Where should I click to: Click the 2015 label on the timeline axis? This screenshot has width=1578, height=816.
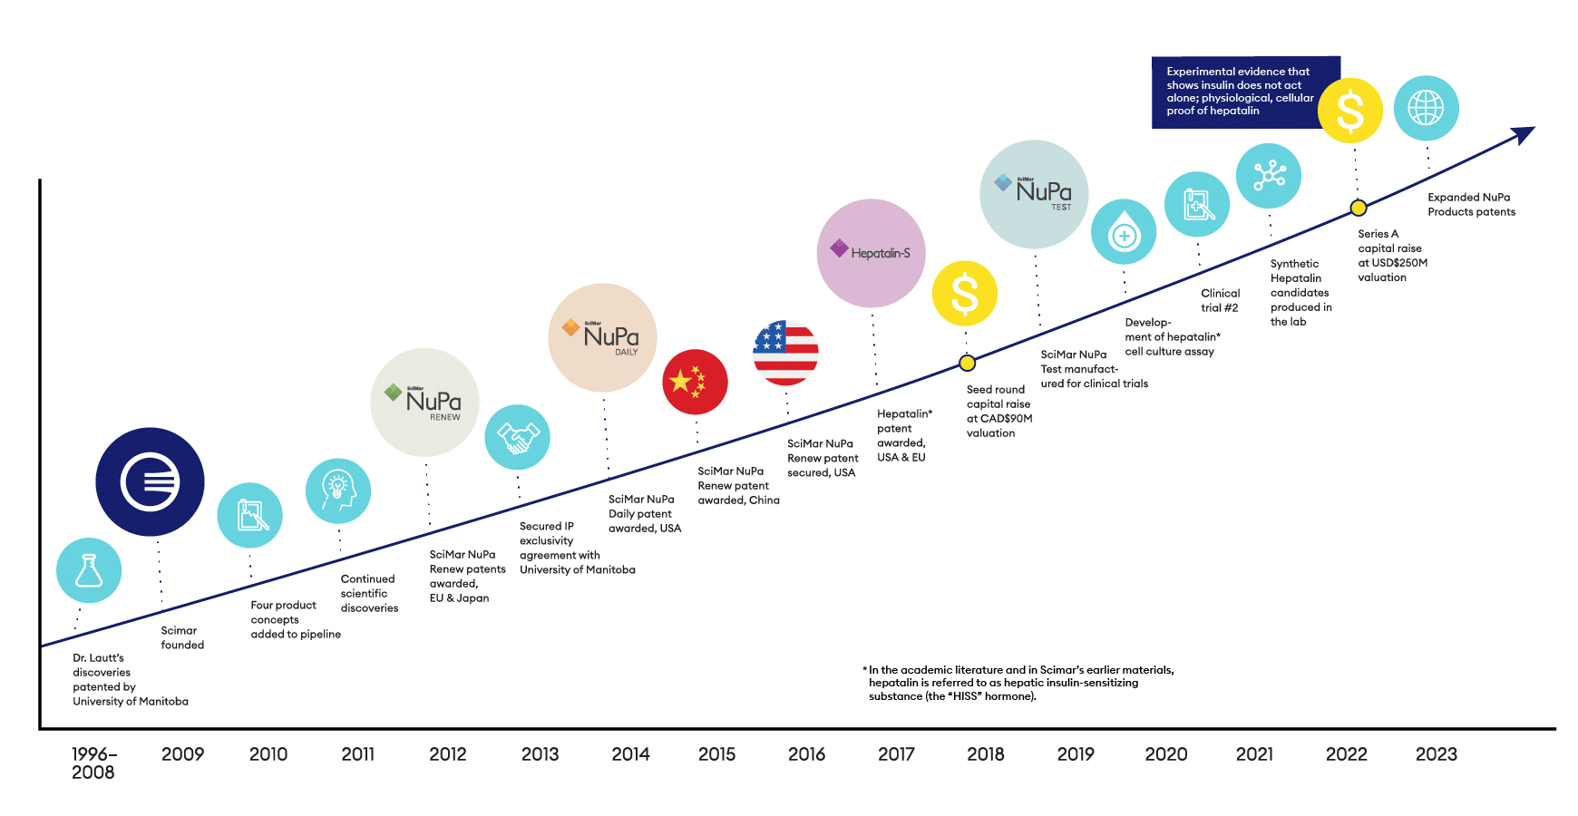(x=716, y=754)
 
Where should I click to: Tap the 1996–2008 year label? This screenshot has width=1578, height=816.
(x=94, y=763)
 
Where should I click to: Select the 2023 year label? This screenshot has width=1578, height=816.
(x=1437, y=754)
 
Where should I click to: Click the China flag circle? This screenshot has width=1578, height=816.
(x=696, y=382)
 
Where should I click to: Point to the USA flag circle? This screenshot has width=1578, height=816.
(x=786, y=353)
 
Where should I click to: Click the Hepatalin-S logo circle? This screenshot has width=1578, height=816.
(x=872, y=253)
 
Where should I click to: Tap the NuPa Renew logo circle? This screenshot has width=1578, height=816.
(x=425, y=403)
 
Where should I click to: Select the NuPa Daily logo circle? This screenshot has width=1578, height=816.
(x=603, y=337)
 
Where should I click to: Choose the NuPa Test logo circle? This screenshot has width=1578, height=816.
(x=1035, y=194)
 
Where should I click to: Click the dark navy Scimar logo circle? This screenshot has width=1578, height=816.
(x=151, y=481)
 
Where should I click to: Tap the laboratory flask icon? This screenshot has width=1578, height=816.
(x=89, y=570)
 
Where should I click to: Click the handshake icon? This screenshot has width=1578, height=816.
(x=518, y=437)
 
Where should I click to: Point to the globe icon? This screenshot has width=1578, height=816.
(x=1427, y=108)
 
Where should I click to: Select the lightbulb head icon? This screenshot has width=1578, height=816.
(x=338, y=491)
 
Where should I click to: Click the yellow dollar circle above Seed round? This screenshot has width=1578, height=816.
(x=965, y=294)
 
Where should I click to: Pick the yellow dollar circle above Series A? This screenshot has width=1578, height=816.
(x=1350, y=111)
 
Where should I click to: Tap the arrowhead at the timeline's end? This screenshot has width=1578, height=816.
(x=1524, y=135)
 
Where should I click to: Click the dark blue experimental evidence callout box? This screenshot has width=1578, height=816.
(x=1246, y=92)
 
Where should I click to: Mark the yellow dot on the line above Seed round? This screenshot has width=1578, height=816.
(x=968, y=364)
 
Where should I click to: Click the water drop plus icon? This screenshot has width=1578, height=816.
(x=1124, y=232)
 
